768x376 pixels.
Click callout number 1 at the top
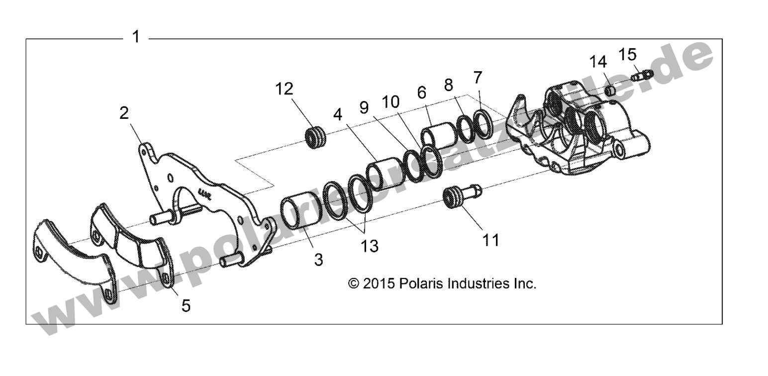pos(135,37)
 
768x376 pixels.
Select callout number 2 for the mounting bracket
pos(124,113)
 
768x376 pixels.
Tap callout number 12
pos(285,90)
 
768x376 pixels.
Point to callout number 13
pos(370,246)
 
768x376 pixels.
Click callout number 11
pos(490,240)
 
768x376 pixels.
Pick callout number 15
pos(628,53)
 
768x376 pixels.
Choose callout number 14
pos(598,62)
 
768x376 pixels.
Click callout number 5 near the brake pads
pos(185,305)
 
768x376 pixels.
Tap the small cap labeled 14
pos(611,91)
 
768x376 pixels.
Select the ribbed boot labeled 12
pos(315,138)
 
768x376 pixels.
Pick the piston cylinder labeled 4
pos(384,174)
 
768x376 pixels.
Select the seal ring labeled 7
pos(483,122)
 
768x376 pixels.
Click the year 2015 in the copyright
pos(379,283)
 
